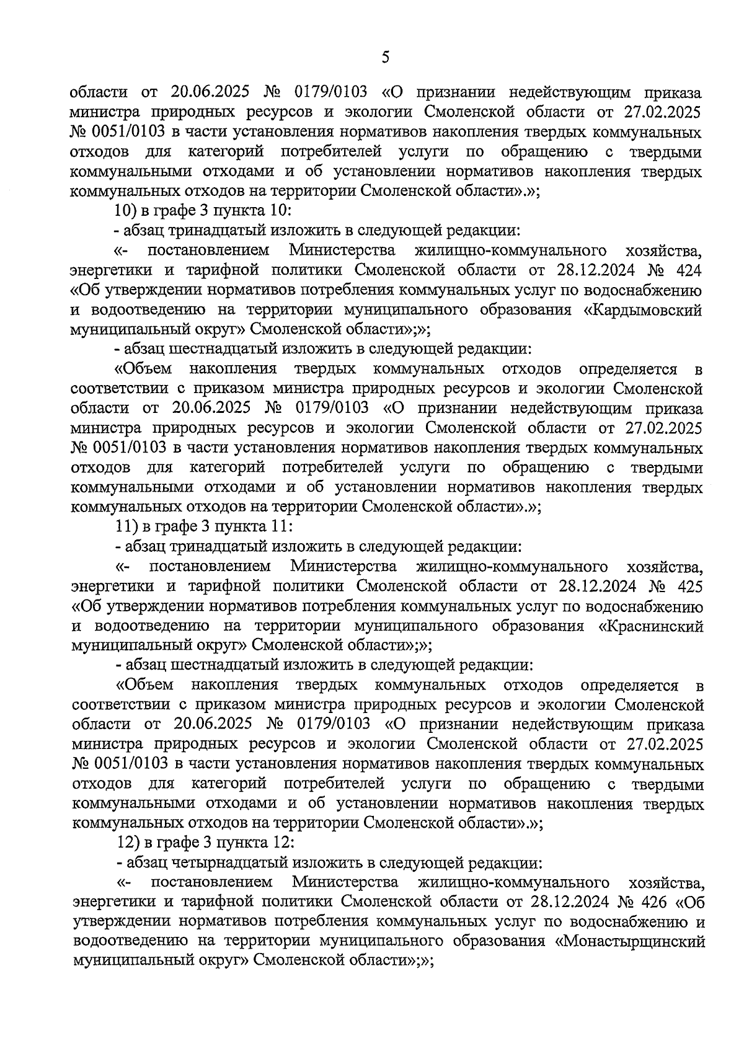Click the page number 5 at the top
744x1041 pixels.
tap(386, 58)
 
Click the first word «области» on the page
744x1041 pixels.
tap(99, 93)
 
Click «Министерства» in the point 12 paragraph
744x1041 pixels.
tap(345, 881)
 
